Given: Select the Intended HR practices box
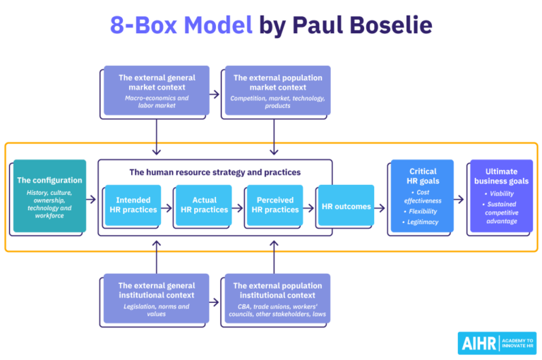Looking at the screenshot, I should (x=133, y=205).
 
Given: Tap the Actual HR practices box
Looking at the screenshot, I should (x=204, y=205).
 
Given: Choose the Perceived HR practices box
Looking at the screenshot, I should (x=275, y=205).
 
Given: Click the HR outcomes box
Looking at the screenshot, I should (x=346, y=206).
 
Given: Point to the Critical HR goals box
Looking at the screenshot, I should (x=422, y=196).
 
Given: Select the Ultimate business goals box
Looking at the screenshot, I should (x=500, y=196).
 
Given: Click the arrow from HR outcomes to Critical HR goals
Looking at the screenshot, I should (x=380, y=208).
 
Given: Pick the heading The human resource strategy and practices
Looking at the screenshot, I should (x=215, y=172).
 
